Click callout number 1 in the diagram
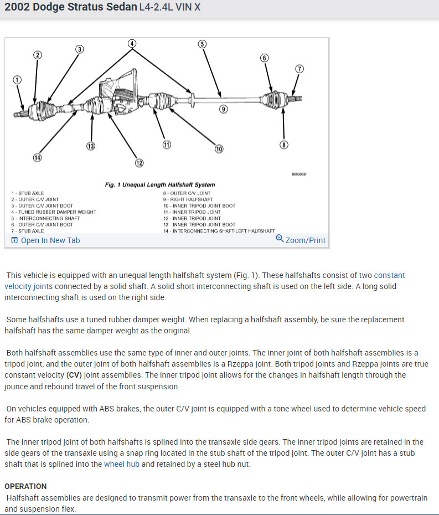pos(18,80)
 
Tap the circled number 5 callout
pos(202,44)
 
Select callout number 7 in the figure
pos(299,69)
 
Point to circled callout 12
pos(139,163)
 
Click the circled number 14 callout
pos(37,157)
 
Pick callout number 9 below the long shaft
pos(223,109)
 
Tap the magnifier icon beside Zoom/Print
pos(280,239)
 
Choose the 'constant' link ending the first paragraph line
pos(389,275)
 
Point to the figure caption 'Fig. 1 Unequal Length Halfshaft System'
pos(160,184)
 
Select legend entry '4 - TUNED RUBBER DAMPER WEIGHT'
pos(54,212)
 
